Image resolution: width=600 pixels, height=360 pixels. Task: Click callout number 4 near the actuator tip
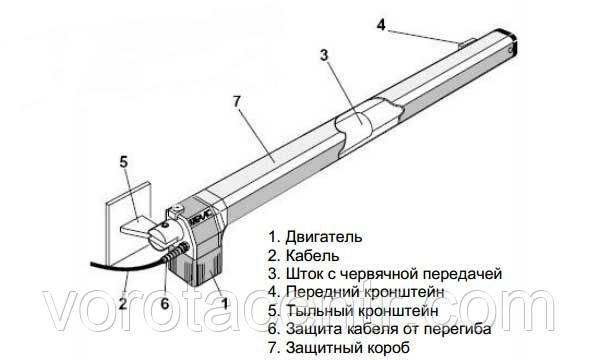pos(381,25)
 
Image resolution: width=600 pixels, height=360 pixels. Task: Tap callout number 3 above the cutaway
pos(324,55)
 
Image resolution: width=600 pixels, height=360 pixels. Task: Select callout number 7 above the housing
pos(237,101)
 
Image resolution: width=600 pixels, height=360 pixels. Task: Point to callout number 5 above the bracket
pos(123,162)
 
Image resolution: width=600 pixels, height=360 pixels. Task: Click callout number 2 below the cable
pos(123,303)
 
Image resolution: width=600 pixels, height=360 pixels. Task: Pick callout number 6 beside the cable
pos(165,303)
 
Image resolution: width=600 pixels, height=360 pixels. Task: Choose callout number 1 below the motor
pos(225,303)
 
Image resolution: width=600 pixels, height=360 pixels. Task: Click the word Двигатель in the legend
pos(324,237)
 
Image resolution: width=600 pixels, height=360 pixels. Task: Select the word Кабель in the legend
pos(313,255)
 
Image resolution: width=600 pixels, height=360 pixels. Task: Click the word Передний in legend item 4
pos(320,292)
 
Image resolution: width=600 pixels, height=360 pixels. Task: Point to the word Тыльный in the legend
pos(320,310)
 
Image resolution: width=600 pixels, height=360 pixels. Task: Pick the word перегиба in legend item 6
pos(458,329)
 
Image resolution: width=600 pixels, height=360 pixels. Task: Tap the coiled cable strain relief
pos(176,253)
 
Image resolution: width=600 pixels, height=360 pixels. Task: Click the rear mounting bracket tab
pos(135,226)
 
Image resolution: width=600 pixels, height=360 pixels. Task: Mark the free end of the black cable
pos(91,263)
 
